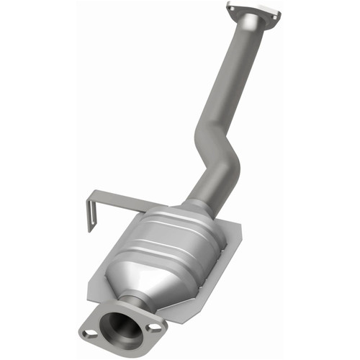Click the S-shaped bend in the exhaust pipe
pyautogui.click(x=220, y=162)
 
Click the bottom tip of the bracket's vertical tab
pyautogui.click(x=89, y=230)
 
